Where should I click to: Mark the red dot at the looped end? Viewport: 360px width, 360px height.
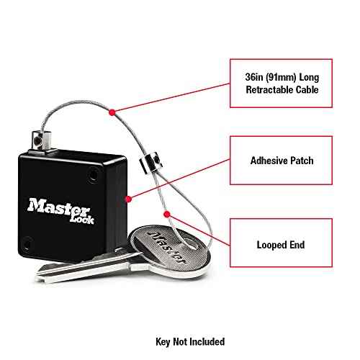[x=168, y=215]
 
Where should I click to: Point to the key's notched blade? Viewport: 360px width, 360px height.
[x=79, y=267]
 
